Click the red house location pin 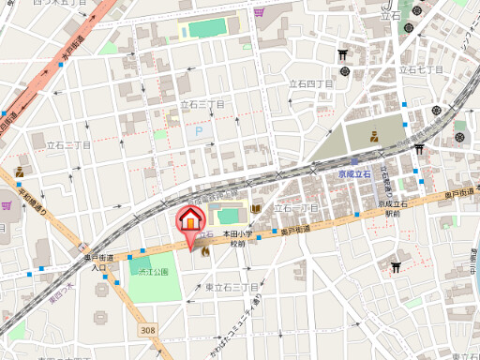[189, 221]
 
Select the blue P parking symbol [198, 133]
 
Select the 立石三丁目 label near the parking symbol [202, 105]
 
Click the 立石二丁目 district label [61, 145]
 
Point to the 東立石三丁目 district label [232, 286]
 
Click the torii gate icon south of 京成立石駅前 [396, 267]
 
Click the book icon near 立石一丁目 [257, 206]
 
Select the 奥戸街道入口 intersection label [98, 262]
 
